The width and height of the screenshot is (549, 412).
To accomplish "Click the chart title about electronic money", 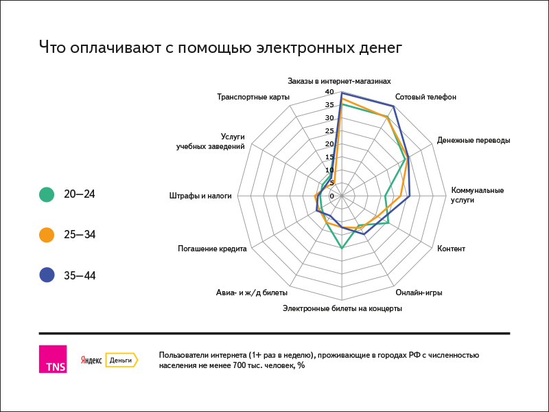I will coord(220,47).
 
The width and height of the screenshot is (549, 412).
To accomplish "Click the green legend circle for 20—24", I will coord(47,194).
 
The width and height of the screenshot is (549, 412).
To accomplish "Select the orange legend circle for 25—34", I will coord(47,235).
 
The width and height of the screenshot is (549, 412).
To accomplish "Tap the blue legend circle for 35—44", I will coord(47,275).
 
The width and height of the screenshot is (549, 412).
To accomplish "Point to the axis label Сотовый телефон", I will coord(425,97).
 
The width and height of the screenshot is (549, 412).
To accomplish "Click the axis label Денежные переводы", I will coord(474,140).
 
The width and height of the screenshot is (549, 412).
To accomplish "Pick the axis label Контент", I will coord(451,249).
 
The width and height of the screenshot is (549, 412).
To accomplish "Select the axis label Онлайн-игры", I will coord(419,293).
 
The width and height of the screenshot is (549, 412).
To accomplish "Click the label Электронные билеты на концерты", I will coord(342,308).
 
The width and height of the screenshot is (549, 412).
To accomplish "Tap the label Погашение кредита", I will coord(212,249).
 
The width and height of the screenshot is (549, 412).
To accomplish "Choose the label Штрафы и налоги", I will coord(200,196).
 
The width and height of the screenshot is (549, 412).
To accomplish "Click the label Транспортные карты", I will coord(253,97).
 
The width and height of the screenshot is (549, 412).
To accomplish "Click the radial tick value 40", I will coord(329,92).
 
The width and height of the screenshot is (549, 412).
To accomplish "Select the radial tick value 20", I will coord(329,144).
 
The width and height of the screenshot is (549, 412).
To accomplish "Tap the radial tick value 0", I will coord(331,196).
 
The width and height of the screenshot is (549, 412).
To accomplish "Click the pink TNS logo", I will coord(53,359).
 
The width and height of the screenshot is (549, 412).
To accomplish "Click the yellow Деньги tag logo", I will coord(121,360).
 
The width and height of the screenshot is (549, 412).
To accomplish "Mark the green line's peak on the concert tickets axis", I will coord(342,248).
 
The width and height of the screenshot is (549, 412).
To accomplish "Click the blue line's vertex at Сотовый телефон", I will coord(393,106).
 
